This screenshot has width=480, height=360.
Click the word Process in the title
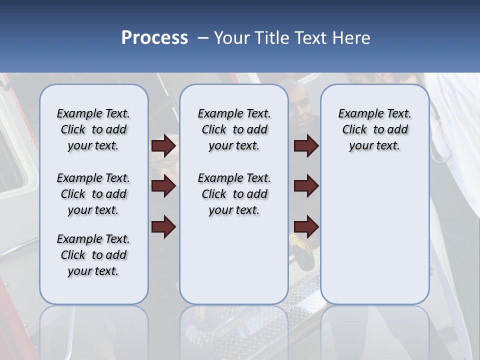pos(154,37)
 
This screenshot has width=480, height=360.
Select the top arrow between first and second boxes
pos(163,145)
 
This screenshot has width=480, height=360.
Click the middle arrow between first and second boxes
pos(163,186)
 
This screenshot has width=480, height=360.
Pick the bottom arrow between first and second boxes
pos(163,227)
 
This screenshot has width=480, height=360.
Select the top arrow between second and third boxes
pos(306,145)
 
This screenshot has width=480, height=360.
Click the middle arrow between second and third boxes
pos(306,186)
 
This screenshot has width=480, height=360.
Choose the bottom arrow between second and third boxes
pos(306,227)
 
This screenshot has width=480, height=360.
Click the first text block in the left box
pos(93,129)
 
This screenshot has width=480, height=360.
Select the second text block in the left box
pos(93,194)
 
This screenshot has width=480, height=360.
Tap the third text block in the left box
pos(93,255)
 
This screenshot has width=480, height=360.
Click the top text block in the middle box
pos(234,129)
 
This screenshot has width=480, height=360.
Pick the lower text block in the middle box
pos(234,194)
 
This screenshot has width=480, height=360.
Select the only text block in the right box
pos(374,129)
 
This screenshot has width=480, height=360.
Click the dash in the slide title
pos(203,38)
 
